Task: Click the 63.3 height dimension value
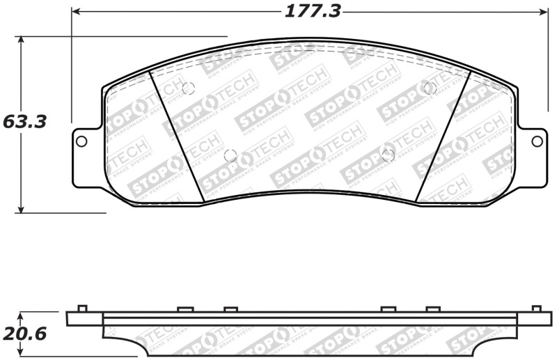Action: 24,122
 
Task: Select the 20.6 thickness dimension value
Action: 24,334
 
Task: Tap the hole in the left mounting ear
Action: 81,141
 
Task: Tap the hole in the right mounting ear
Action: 537,141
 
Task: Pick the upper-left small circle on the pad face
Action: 187,89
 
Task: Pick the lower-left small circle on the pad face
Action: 230,155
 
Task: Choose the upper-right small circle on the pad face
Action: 429,88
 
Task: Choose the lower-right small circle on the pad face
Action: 389,154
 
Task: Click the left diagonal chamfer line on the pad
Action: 176,137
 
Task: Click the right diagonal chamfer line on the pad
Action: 444,137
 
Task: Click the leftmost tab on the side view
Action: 82,308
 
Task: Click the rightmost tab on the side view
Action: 536,308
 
